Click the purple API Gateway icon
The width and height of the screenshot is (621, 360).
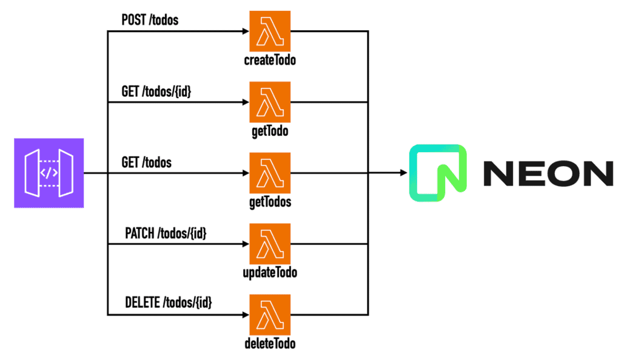pos(49,173)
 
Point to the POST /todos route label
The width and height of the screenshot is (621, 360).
pos(150,20)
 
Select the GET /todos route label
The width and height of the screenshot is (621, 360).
pos(147,162)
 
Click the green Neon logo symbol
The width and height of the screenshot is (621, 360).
pos(438,173)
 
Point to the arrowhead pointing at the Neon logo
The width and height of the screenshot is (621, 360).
pos(402,173)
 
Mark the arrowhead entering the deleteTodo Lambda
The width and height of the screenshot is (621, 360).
pos(245,315)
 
